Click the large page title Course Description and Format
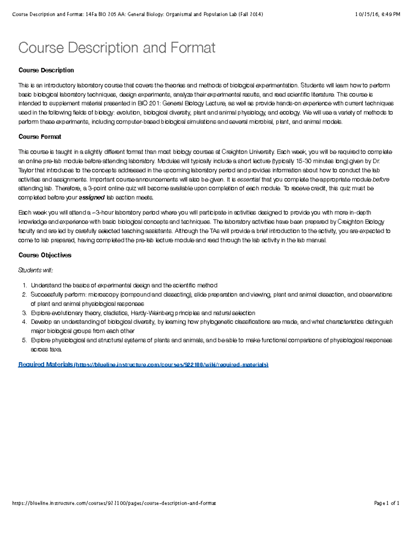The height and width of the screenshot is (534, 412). (117, 48)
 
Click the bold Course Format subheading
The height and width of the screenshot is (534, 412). (40, 137)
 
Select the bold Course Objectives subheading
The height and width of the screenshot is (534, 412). (45, 255)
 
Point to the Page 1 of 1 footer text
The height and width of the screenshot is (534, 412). (387, 503)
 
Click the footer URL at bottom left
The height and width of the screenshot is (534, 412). (114, 503)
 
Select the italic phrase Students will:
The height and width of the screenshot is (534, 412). (36, 270)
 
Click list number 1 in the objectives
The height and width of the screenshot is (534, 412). (24, 285)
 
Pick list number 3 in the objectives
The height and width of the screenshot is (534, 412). (24, 313)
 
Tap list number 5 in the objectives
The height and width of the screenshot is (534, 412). (24, 340)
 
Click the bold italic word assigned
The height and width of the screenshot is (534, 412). (92, 198)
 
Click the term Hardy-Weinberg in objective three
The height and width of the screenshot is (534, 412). (152, 313)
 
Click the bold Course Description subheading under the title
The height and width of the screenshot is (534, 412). (46, 70)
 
